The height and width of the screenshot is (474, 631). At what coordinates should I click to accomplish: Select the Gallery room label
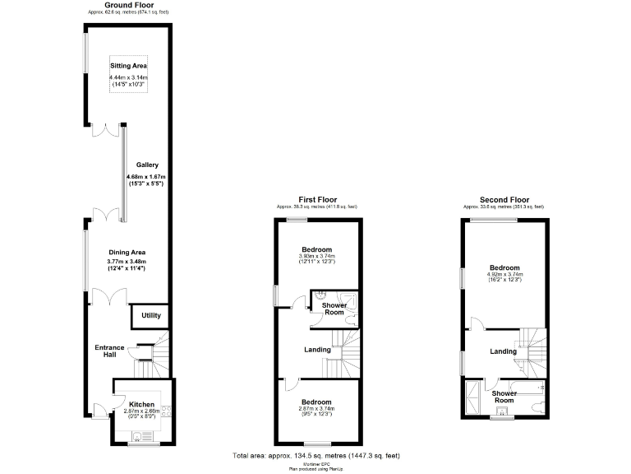pyautogui.click(x=147, y=165)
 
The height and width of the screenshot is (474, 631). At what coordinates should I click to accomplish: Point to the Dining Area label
pyautogui.click(x=126, y=252)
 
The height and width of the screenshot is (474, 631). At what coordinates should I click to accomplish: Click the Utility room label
pyautogui.click(x=151, y=315)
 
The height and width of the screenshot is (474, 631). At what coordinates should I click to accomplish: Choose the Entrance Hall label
pyautogui.click(x=110, y=350)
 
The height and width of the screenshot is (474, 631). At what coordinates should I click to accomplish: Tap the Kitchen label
pyautogui.click(x=141, y=404)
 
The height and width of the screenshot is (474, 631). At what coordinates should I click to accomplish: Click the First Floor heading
pyautogui.click(x=317, y=199)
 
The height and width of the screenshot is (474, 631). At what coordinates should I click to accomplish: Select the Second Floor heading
pyautogui.click(x=504, y=199)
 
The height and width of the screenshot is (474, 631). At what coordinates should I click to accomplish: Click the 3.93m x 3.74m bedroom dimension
pyautogui.click(x=316, y=256)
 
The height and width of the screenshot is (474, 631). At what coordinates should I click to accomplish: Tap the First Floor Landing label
pyautogui.click(x=317, y=350)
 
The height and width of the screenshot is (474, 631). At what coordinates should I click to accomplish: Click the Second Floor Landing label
pyautogui.click(x=503, y=351)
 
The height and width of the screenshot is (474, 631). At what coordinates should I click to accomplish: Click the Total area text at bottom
pyautogui.click(x=315, y=455)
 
